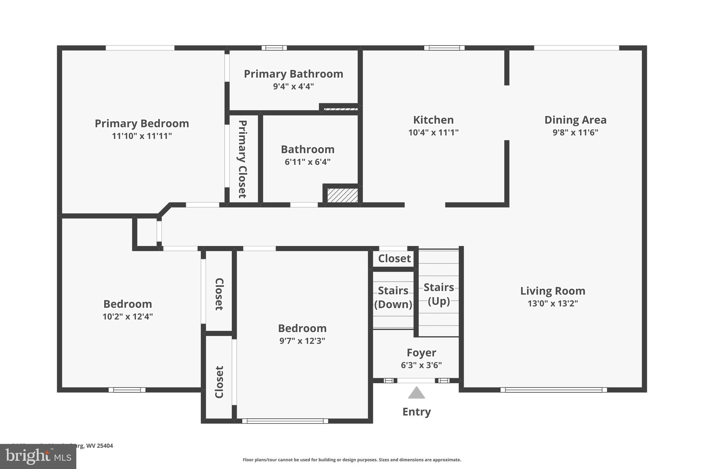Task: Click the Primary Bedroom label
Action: click(142, 123)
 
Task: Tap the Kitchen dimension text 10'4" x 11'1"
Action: click(433, 133)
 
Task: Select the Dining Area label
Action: click(575, 120)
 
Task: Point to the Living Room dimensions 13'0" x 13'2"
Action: click(552, 303)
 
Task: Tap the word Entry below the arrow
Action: click(416, 412)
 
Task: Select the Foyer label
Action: click(421, 353)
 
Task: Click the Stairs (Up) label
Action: click(439, 294)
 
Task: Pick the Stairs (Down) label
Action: click(393, 298)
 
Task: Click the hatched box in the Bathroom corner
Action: click(342, 195)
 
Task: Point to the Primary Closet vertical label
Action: click(242, 159)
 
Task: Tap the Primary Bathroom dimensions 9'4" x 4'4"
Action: click(293, 86)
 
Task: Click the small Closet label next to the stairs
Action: click(394, 258)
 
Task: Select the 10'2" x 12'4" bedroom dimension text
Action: click(128, 316)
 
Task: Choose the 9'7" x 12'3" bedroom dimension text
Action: click(302, 341)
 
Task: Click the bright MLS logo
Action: click(38, 457)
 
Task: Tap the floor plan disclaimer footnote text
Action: click(352, 460)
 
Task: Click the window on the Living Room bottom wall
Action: click(553, 390)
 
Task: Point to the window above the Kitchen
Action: click(444, 48)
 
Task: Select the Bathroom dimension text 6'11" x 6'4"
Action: click(307, 162)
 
